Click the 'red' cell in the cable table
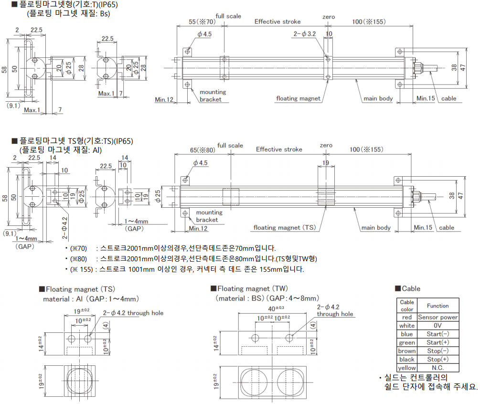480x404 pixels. coord(407,317)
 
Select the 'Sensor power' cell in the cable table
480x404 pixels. coord(438,317)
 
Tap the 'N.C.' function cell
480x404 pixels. coord(438,368)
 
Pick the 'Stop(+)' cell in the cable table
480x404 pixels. coord(438,359)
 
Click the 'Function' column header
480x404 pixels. coord(438,306)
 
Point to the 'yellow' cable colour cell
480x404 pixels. coord(407,368)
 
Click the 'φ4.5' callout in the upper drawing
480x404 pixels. coord(204,34)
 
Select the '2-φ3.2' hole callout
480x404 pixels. coord(305,33)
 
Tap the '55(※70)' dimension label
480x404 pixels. coord(202,22)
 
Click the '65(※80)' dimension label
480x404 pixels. coord(203,150)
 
